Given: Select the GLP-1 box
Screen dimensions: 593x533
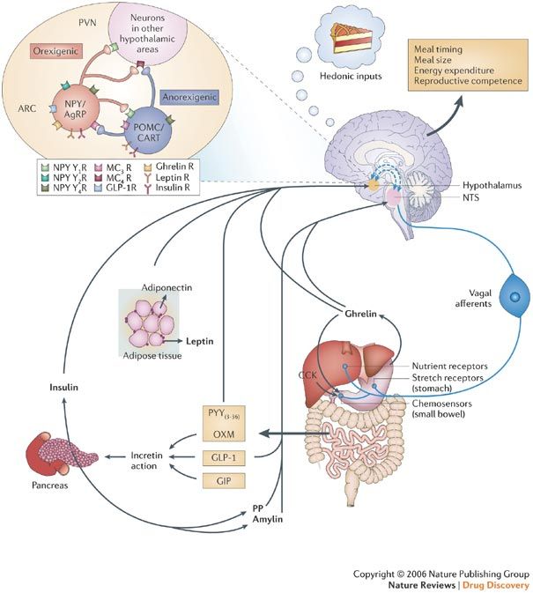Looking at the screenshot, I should (226, 457).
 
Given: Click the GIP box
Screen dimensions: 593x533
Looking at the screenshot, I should (226, 480).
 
